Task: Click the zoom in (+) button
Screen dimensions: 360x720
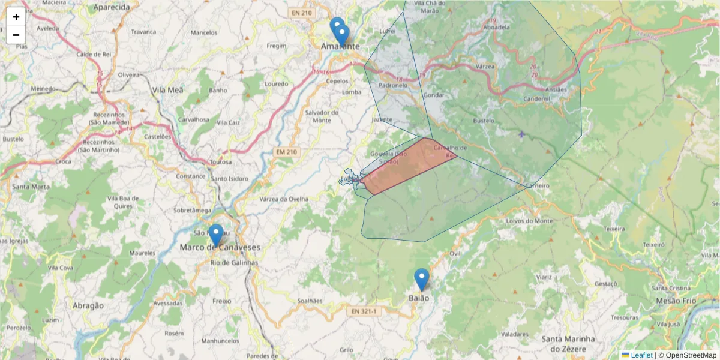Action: pos(16,17)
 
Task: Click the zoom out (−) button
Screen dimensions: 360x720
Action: pos(16,35)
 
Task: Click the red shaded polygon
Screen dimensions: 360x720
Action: pos(408,165)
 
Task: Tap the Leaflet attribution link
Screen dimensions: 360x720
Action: pos(641,355)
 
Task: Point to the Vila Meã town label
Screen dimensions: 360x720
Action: pos(167,90)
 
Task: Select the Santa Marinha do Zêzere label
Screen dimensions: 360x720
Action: pos(568,344)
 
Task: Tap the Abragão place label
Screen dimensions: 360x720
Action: pos(88,305)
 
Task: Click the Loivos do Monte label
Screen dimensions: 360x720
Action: pos(529,221)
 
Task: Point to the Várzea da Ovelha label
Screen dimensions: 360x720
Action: pos(284,199)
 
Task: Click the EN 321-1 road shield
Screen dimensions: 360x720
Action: pos(364,311)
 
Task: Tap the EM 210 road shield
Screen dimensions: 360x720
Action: pos(286,152)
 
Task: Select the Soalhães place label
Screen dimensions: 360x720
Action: pos(310,301)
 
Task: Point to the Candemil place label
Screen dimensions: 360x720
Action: pos(536,99)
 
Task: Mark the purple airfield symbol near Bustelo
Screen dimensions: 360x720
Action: pos(521,134)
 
